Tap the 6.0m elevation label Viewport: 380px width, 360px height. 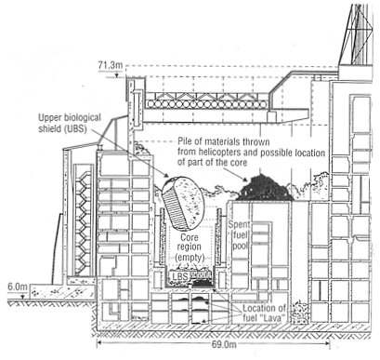(18, 287)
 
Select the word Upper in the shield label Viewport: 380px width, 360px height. (54, 118)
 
